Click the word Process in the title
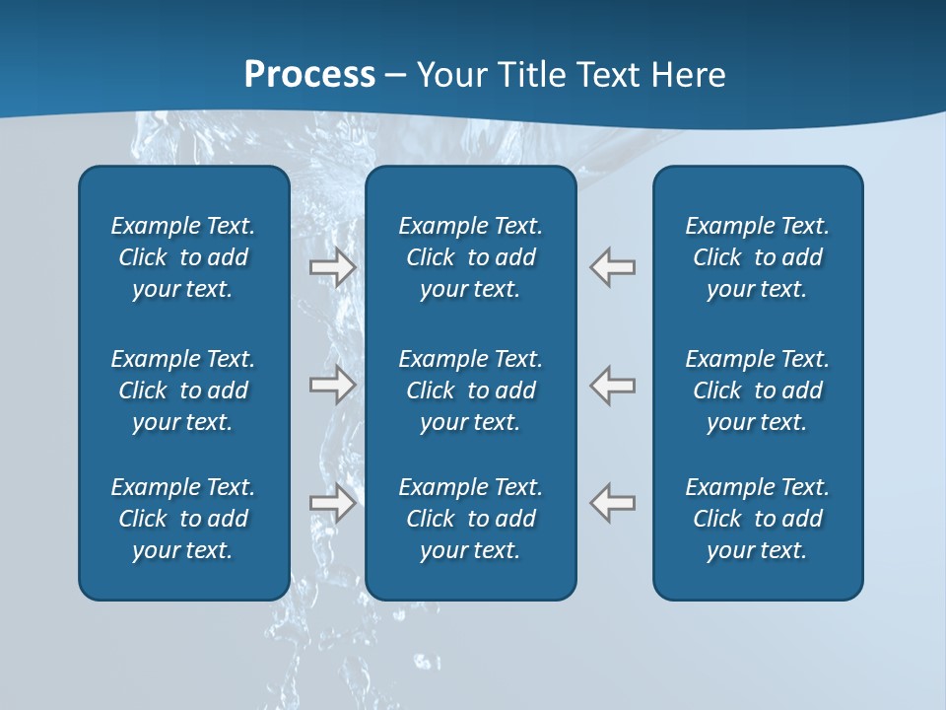tap(309, 75)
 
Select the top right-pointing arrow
tap(332, 267)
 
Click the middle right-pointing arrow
tap(332, 385)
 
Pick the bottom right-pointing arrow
tap(332, 503)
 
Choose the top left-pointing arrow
tap(613, 267)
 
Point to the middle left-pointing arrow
tap(613, 385)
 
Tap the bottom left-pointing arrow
tap(613, 503)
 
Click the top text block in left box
tap(183, 257)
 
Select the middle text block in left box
tap(183, 390)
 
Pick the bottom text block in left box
tap(183, 519)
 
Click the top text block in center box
tap(470, 257)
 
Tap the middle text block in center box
tap(470, 390)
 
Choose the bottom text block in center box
tap(470, 519)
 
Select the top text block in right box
tap(757, 257)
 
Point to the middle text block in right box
tap(757, 390)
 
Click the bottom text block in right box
tap(757, 519)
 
